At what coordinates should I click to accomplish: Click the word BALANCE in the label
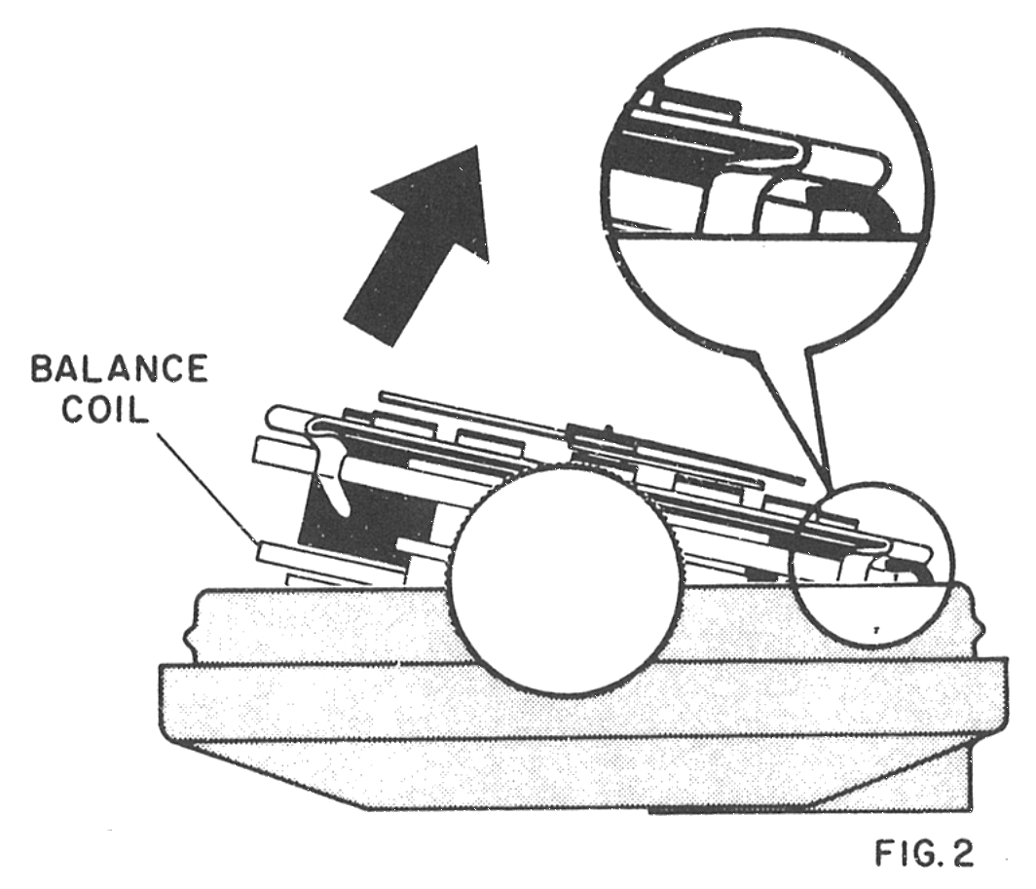(x=120, y=369)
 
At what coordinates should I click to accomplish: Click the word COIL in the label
(x=104, y=410)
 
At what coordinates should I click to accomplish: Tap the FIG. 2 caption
(x=924, y=853)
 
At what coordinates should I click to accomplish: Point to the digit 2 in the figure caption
(x=960, y=853)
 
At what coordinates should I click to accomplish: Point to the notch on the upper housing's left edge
(x=189, y=639)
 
